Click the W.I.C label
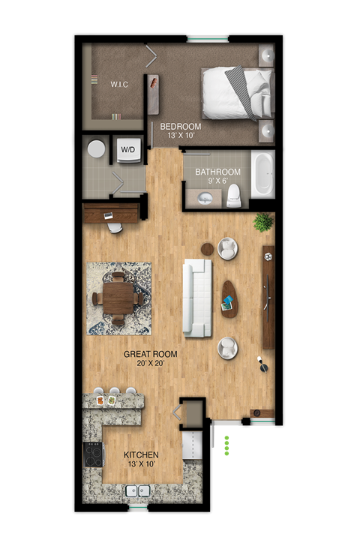tap(119, 85)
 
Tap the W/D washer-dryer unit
tap(127, 150)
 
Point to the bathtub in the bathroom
tap(262, 174)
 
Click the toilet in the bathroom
tap(234, 195)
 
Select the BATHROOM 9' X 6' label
tap(217, 176)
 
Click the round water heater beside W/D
tap(96, 148)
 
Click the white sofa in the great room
tap(199, 298)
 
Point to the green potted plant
tap(262, 222)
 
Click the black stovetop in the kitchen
tap(92, 454)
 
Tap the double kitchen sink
tap(139, 492)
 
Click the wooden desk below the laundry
tap(111, 214)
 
